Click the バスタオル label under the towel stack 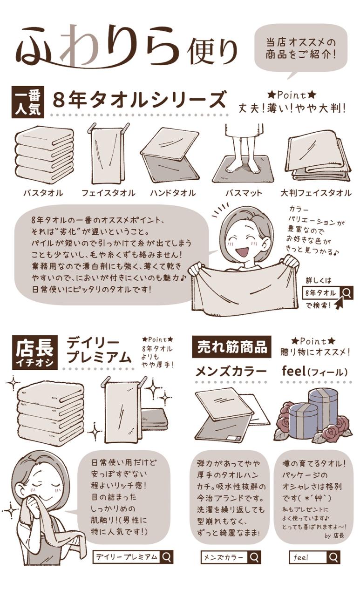coord(43,193)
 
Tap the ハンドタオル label coord(173,193)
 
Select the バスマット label coord(244,193)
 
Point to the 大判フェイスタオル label coord(316,193)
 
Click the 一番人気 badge coord(28,102)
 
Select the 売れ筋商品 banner coord(232,347)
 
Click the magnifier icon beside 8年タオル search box coord(347,293)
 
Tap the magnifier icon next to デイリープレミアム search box coord(167,556)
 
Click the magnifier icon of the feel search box coord(333,557)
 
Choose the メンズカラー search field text coord(224,557)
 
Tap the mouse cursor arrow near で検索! coord(339,303)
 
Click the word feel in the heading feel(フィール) coord(293,371)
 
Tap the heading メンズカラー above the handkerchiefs coord(231,372)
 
